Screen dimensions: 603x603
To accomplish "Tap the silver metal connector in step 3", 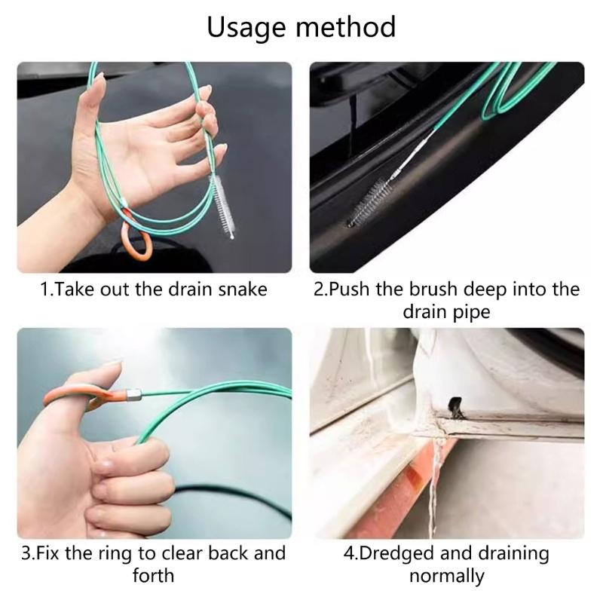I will pos(135,393).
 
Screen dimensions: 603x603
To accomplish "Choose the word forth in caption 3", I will pos(153,576).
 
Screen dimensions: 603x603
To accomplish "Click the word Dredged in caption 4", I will pos(396,554).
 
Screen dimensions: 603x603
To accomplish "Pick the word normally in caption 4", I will pos(446,576).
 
